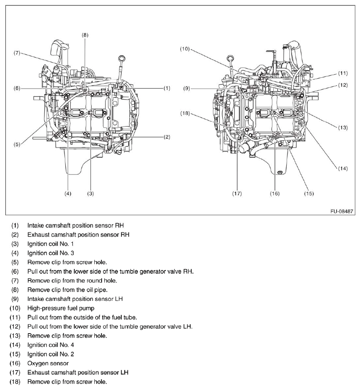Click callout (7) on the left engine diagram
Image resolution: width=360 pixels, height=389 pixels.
(x=17, y=53)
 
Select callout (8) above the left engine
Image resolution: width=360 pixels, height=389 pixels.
(x=85, y=34)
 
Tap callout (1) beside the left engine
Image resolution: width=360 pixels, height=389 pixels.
(x=167, y=88)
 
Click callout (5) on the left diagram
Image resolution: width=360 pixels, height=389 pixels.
(x=17, y=144)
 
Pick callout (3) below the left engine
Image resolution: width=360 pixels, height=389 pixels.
(x=90, y=194)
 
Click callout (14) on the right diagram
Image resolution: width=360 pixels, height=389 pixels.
(x=343, y=169)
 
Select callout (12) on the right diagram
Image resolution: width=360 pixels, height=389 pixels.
(x=343, y=85)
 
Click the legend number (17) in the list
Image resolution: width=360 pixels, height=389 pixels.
(x=15, y=372)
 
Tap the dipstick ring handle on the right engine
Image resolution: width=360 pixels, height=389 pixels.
(x=231, y=58)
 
